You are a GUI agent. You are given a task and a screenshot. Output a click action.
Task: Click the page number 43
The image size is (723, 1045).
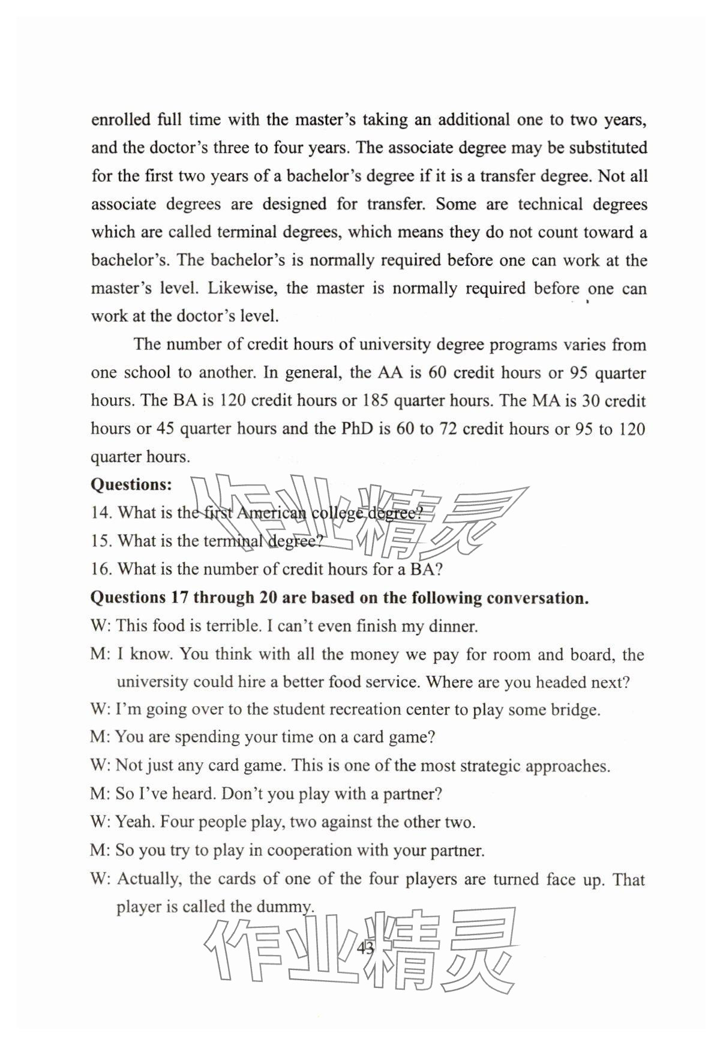click(365, 948)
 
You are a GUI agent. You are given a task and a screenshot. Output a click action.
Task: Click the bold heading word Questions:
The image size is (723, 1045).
click(131, 484)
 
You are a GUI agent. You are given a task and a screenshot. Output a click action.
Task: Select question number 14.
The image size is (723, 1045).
click(101, 513)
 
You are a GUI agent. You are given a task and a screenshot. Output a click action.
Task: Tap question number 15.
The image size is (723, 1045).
click(101, 541)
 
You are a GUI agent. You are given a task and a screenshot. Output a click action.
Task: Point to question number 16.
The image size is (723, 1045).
click(101, 569)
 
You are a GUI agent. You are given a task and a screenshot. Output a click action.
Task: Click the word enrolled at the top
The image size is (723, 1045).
click(121, 119)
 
